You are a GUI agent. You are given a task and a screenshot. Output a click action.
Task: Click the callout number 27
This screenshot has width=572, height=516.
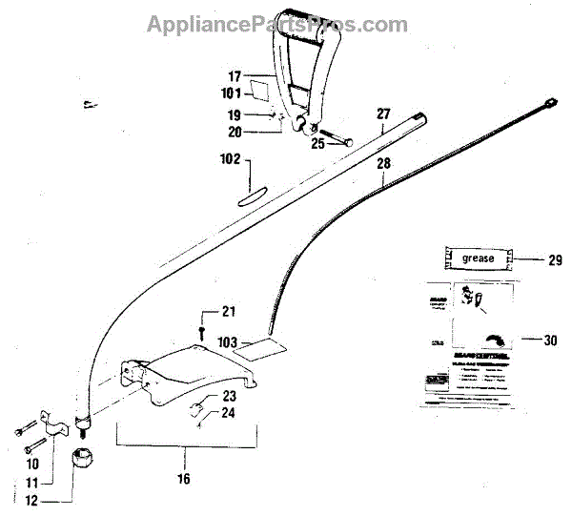point(383,114)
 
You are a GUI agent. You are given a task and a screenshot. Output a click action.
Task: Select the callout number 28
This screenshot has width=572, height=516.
point(383,164)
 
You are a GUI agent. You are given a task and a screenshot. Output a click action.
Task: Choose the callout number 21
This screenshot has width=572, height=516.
point(227,311)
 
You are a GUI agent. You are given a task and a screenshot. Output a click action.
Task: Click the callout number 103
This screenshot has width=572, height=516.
point(227,341)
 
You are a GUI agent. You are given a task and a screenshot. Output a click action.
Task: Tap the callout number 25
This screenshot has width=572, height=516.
point(318,143)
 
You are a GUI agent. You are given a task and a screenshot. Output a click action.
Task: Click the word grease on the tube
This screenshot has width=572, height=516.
point(478,258)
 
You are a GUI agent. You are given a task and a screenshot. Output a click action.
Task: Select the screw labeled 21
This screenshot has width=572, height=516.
point(202,330)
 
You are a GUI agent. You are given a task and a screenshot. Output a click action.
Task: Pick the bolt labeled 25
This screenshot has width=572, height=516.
point(337,135)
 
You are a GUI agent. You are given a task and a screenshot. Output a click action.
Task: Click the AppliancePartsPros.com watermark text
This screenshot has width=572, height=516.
point(277,24)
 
